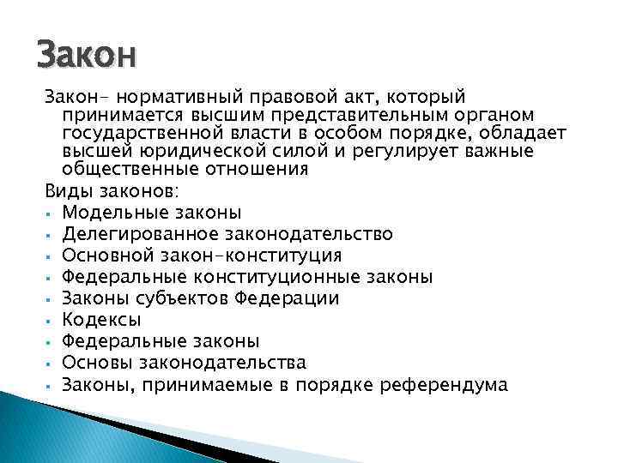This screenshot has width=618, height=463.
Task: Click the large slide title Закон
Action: pyautogui.click(x=87, y=56)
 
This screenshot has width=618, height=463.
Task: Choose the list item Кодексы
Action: pyautogui.click(x=102, y=319)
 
